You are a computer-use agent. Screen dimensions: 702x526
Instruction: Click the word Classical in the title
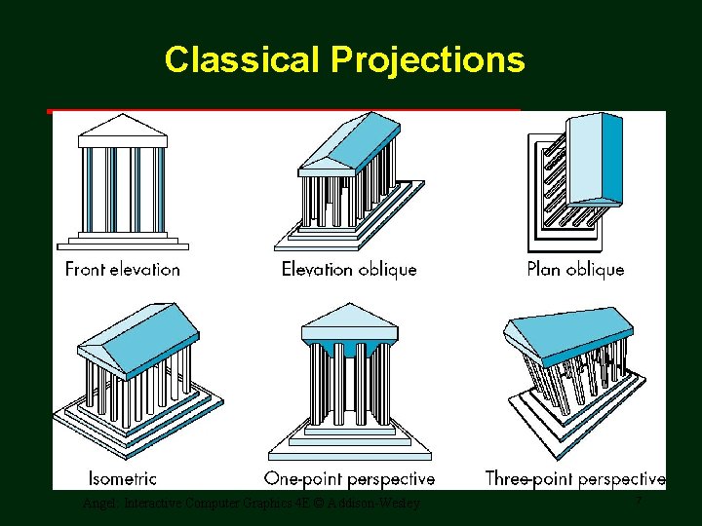[242, 60]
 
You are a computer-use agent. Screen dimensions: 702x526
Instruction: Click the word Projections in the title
[428, 60]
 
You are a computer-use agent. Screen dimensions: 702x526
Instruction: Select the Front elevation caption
[122, 269]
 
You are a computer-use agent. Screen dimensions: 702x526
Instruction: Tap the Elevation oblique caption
[349, 269]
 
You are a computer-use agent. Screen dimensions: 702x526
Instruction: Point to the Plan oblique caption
[575, 269]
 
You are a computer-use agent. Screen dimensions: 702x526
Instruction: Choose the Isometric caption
[122, 478]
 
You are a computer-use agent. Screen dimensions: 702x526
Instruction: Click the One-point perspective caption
[349, 478]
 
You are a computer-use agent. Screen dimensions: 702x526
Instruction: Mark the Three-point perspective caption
[575, 478]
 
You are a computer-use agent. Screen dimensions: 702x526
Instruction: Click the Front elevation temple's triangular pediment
[122, 129]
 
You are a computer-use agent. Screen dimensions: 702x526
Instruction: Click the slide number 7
[638, 502]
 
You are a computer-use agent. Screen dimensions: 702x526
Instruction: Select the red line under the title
[283, 111]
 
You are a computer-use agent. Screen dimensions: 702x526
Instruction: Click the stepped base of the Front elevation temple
[122, 241]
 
